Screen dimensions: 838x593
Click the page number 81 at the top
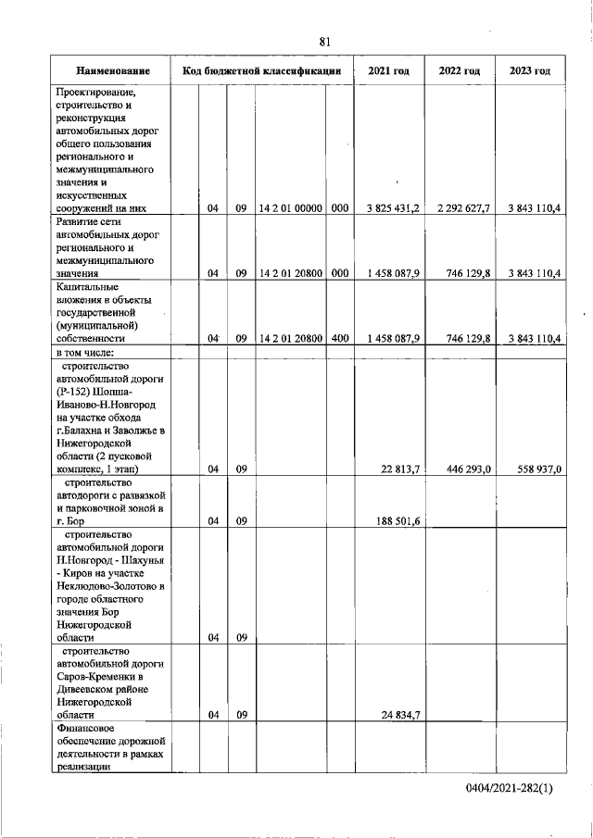coord(324,42)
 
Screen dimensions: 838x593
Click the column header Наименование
coord(114,71)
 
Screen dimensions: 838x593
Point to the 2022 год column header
coord(459,71)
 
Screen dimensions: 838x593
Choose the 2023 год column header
coord(530,71)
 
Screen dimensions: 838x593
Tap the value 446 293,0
coord(468,469)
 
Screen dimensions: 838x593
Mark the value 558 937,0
coord(538,469)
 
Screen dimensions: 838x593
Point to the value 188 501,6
coord(397,521)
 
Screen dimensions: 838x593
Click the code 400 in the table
coord(339,339)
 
